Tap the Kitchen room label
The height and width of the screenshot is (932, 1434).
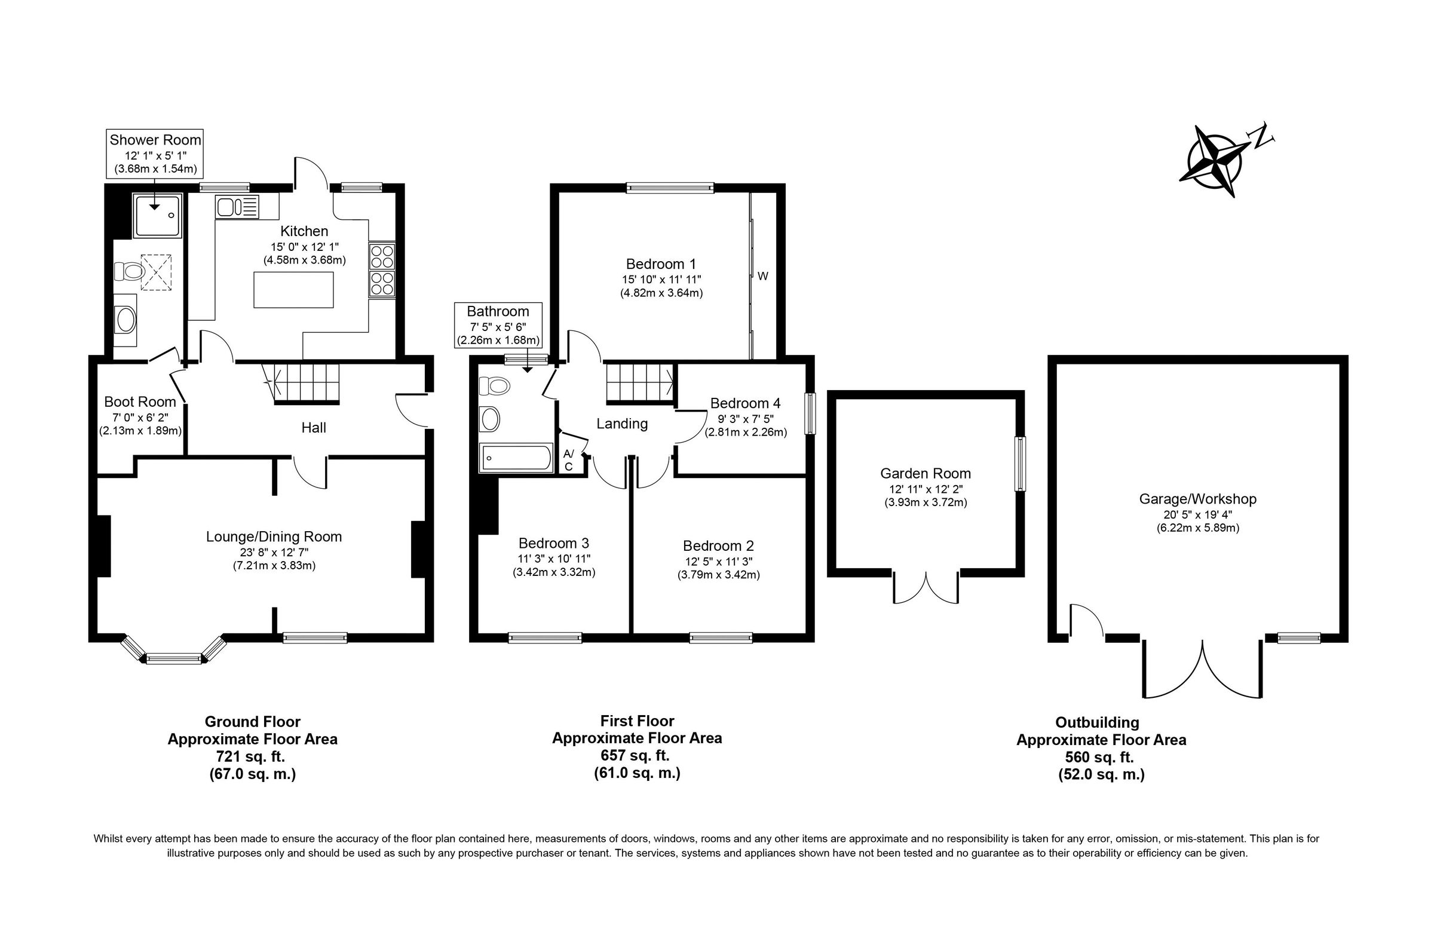[x=304, y=231]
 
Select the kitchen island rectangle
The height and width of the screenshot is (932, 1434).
[x=293, y=290]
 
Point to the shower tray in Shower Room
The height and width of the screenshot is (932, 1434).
[x=157, y=215]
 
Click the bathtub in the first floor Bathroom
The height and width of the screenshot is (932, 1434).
[x=516, y=458]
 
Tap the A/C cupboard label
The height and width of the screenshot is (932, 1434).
[x=568, y=459]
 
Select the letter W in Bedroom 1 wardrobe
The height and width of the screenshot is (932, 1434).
[x=763, y=277]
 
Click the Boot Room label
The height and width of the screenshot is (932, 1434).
[x=140, y=402]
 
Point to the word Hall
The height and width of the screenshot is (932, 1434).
[x=313, y=428]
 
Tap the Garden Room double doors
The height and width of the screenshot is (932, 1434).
[x=926, y=587]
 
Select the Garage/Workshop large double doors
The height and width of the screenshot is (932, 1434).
[x=1202, y=669]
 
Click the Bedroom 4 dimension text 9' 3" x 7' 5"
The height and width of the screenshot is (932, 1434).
[x=745, y=418]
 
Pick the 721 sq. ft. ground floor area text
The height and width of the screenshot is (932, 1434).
[x=252, y=757]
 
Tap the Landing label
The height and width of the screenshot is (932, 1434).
[x=622, y=424]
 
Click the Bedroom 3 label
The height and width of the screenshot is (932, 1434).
[x=553, y=544]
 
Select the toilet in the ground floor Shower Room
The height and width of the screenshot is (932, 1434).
[x=128, y=271]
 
